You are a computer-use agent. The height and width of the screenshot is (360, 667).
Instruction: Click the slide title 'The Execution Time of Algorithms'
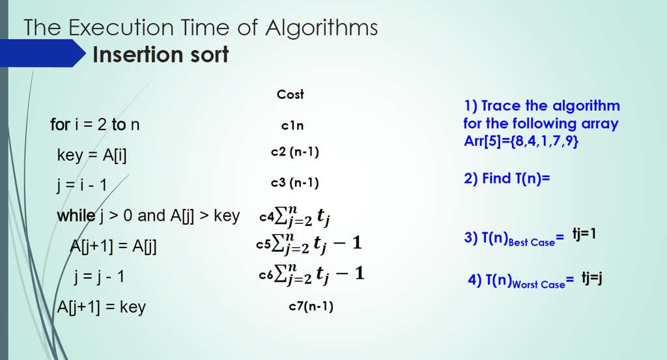click(x=201, y=28)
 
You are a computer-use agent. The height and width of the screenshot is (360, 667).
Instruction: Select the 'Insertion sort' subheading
click(x=161, y=55)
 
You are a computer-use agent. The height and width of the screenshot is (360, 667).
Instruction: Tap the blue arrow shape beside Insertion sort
click(x=42, y=53)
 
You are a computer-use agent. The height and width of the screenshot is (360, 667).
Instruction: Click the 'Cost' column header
click(x=291, y=94)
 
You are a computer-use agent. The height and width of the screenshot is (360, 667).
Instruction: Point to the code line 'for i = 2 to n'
click(x=95, y=124)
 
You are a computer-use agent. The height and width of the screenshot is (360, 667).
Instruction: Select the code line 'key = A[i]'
click(x=92, y=155)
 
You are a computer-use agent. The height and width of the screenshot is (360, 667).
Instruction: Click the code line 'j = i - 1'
click(x=81, y=186)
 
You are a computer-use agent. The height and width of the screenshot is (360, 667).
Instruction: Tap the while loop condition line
click(x=149, y=216)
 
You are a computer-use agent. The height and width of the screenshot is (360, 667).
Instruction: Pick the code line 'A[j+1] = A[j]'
click(x=113, y=247)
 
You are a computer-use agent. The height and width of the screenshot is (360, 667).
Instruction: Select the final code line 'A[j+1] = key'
click(x=101, y=307)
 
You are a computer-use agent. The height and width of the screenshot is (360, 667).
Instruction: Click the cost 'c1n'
click(x=292, y=126)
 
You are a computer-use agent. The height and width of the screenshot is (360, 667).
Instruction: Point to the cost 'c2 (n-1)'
click(x=295, y=152)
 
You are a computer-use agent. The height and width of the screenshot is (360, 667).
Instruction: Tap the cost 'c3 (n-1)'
click(x=295, y=183)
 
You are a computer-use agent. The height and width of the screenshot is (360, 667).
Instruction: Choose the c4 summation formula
click(x=295, y=216)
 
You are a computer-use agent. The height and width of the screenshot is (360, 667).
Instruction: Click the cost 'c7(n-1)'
click(x=311, y=307)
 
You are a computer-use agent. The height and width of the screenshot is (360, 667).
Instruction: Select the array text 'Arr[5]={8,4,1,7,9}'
click(x=521, y=141)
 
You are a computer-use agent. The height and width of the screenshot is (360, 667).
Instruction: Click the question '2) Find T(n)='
click(x=507, y=178)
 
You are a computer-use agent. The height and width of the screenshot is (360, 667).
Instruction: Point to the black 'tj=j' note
click(x=592, y=279)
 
